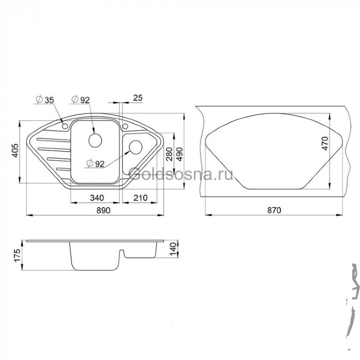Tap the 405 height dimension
click(16, 150)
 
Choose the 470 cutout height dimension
click(325, 143)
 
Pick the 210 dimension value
click(140, 197)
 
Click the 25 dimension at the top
click(138, 98)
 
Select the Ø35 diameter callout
click(44, 100)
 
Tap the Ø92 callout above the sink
click(81, 100)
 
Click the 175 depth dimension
click(17, 256)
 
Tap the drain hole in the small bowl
click(135, 148)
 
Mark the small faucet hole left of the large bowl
click(65, 127)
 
